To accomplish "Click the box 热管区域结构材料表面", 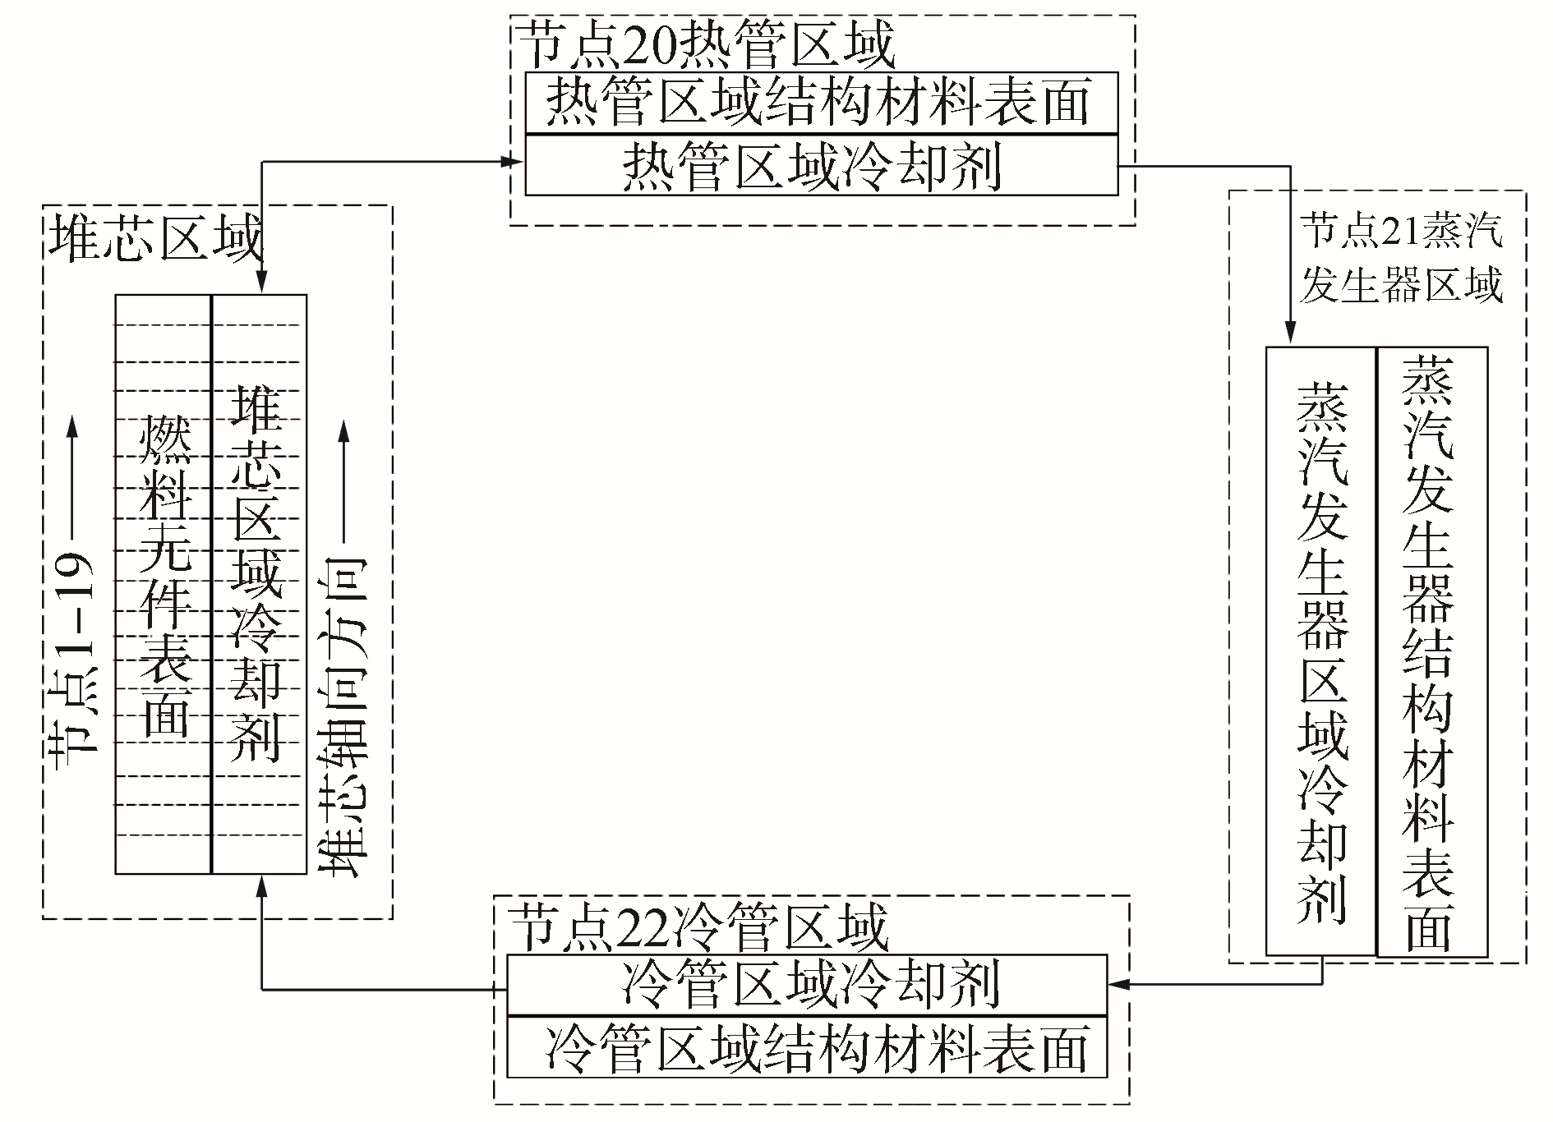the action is click(x=821, y=103).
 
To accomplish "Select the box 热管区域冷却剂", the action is click(x=821, y=166).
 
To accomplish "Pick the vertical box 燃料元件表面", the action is click(x=164, y=583).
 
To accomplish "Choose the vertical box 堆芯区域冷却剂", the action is click(x=259, y=583).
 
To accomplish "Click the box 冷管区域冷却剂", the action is click(x=807, y=984).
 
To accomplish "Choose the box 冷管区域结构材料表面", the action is click(x=807, y=1047).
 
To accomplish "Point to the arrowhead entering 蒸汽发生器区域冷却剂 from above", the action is click(x=1290, y=335).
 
